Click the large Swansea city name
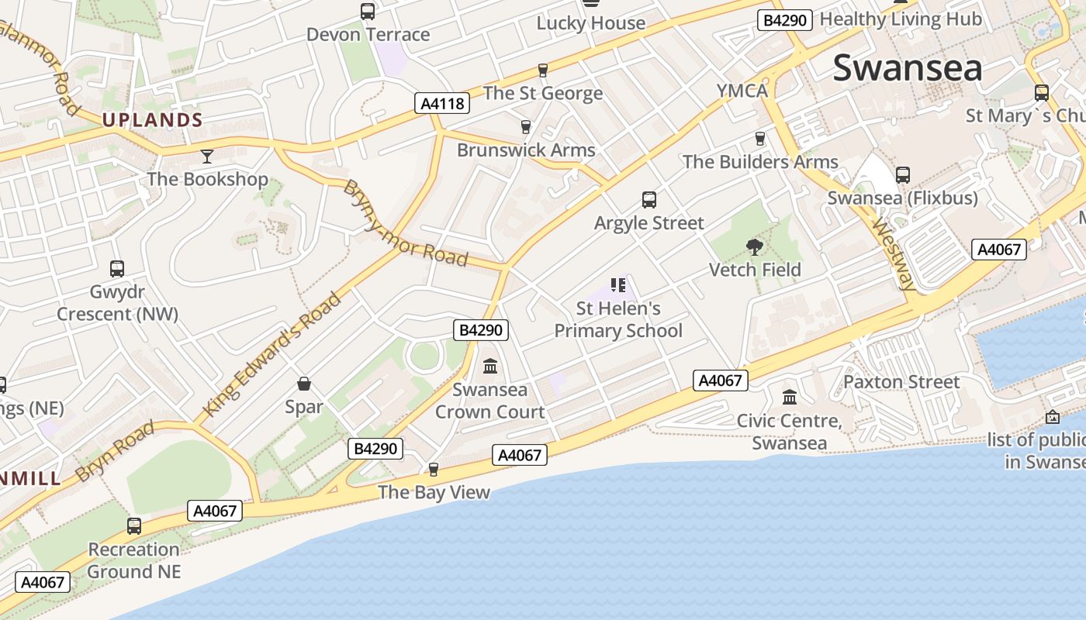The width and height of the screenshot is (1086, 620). pyautogui.click(x=908, y=68)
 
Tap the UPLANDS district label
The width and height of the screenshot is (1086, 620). pyautogui.click(x=152, y=120)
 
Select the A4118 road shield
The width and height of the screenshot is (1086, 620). pyautogui.click(x=442, y=103)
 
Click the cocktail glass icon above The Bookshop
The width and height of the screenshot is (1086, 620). pyautogui.click(x=206, y=157)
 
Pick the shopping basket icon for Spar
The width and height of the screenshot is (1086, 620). pyautogui.click(x=304, y=384)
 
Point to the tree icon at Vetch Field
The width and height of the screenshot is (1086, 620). pyautogui.click(x=754, y=247)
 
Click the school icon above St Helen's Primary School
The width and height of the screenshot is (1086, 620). pyautogui.click(x=618, y=285)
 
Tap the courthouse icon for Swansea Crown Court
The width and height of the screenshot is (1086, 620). pyautogui.click(x=490, y=366)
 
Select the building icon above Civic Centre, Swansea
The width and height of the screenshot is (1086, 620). pyautogui.click(x=790, y=397)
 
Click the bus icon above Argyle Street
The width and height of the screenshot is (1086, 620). pyautogui.click(x=649, y=200)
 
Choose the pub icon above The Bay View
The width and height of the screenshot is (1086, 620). pyautogui.click(x=434, y=469)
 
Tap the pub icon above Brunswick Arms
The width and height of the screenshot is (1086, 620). pyautogui.click(x=526, y=127)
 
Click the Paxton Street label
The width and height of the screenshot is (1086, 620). pyautogui.click(x=901, y=382)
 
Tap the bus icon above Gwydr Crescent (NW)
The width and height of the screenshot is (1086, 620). pyautogui.click(x=117, y=269)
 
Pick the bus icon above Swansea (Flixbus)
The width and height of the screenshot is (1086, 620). pyautogui.click(x=902, y=175)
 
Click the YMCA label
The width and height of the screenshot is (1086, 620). pyautogui.click(x=742, y=91)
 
